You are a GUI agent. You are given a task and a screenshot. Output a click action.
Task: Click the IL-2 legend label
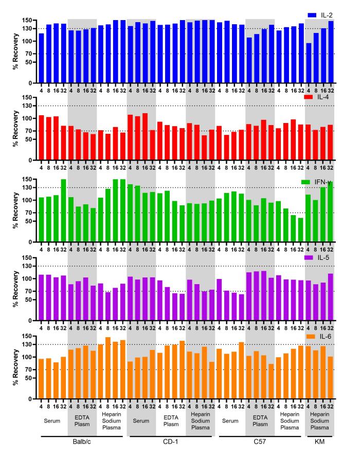click(327, 15)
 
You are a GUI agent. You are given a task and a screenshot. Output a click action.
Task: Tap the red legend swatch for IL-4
click(308, 97)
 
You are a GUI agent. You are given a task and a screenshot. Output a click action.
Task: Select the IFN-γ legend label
click(323, 182)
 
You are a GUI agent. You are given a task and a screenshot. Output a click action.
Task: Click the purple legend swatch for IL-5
click(309, 258)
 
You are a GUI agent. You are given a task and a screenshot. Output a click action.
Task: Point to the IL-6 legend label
click(326, 337)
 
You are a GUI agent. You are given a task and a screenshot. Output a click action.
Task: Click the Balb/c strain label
click(82, 442)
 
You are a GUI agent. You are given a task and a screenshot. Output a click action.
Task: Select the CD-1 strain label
click(171, 442)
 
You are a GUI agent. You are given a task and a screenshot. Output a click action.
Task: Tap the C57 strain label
click(260, 442)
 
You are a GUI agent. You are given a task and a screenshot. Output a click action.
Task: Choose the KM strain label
click(319, 442)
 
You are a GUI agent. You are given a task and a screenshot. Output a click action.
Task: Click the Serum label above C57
click(230, 421)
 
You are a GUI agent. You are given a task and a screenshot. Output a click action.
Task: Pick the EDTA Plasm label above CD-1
click(171, 421)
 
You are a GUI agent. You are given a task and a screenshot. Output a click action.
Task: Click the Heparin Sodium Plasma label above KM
click(319, 421)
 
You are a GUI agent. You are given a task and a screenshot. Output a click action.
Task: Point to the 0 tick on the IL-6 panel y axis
click(30, 399)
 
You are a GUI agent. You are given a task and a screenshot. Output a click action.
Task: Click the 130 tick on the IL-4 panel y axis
click(27, 106)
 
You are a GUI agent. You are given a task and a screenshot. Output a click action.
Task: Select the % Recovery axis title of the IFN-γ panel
click(15, 210)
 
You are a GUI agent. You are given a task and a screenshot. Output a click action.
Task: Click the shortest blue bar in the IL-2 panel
click(309, 63)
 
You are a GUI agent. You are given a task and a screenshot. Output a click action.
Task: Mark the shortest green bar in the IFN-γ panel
click(300, 230)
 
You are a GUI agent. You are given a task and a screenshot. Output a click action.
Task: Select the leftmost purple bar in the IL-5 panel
click(41, 297)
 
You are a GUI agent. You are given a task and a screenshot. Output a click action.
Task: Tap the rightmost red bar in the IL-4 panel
click(330, 143)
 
